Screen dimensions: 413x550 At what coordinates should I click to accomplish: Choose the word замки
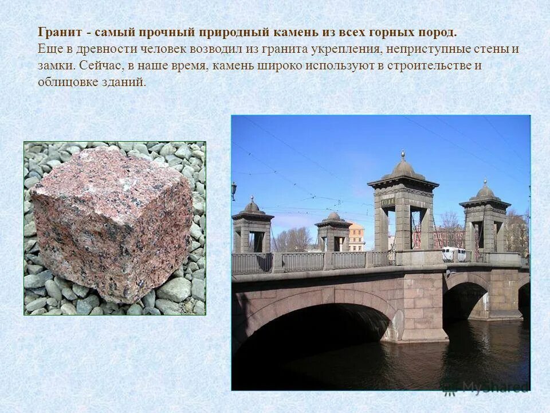pyautogui.click(x=55, y=65)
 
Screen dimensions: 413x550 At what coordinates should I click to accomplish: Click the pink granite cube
pyautogui.click(x=112, y=224)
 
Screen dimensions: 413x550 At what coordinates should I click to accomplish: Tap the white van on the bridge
pyautogui.click(x=453, y=254)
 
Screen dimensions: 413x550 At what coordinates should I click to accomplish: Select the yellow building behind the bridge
pyautogui.click(x=356, y=236)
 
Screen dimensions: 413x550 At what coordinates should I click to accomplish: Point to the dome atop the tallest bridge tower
pyautogui.click(x=403, y=167)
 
